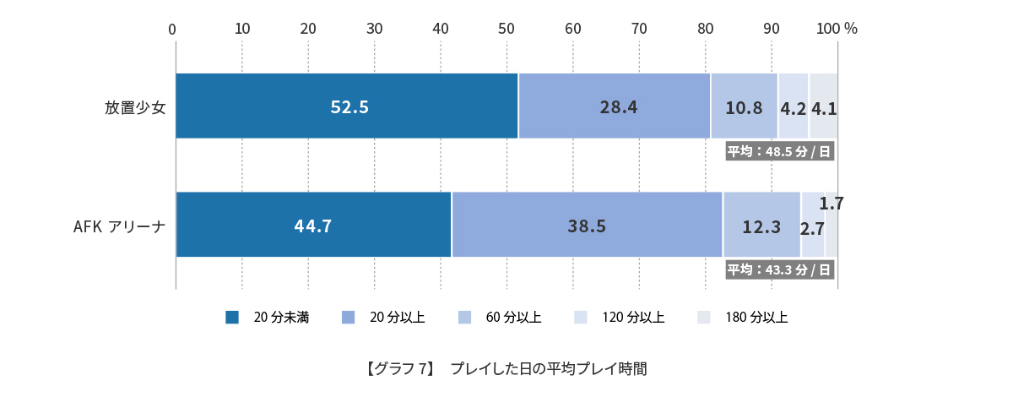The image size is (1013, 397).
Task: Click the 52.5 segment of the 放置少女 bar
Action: [x=346, y=106]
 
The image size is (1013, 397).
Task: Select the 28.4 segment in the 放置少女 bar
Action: [x=614, y=106]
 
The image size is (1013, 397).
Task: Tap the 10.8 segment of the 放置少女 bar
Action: [x=744, y=106]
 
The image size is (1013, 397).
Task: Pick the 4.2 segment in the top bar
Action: [x=793, y=107]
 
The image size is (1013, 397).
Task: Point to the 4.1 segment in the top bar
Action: [x=823, y=107]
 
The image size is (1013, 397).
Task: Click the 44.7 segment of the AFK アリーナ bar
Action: [x=313, y=225]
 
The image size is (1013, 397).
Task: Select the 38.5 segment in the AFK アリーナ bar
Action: [x=587, y=225]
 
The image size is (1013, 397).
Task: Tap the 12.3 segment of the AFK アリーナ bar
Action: [x=761, y=226]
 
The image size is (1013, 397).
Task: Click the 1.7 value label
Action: [x=832, y=204]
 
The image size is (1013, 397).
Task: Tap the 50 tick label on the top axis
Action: [x=506, y=29]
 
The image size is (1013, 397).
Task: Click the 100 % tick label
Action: [x=837, y=29]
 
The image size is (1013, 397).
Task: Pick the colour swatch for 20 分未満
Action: [x=232, y=318]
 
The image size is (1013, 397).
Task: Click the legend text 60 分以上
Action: [x=513, y=318]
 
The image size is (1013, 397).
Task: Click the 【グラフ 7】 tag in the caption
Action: [x=399, y=369]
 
